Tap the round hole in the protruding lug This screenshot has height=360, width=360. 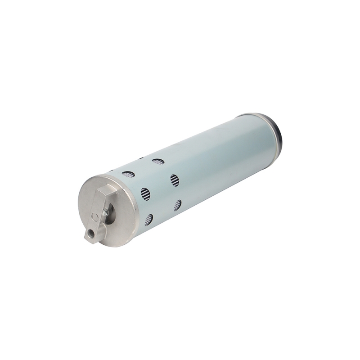point(91,234)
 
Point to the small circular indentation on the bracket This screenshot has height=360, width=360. point(94,217)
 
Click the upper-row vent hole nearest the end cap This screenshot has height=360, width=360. point(128,174)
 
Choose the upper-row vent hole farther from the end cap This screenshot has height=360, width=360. point(158,161)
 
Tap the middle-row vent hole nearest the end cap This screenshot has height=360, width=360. point(144,194)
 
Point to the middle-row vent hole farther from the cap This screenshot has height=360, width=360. point(175,180)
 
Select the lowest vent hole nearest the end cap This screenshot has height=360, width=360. point(148,220)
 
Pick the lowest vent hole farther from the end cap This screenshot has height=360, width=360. point(178,205)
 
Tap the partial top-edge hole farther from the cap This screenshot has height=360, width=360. point(140,158)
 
